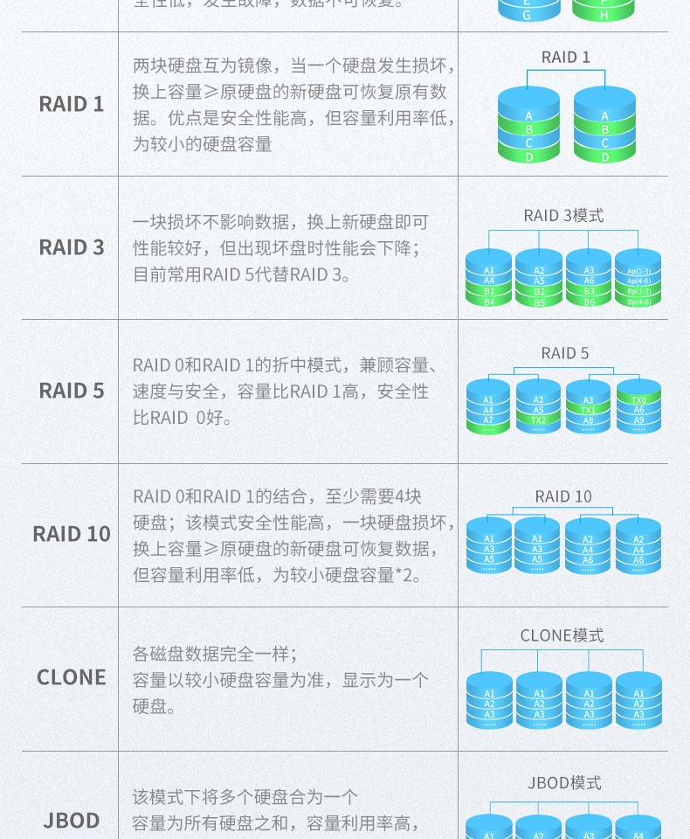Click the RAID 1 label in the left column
coord(71,104)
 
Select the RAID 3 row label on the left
coord(71,247)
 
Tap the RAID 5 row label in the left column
coord(71,391)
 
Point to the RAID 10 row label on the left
coord(71,534)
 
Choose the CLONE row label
coord(71,677)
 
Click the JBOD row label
coord(71,821)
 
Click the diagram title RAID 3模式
coord(563,215)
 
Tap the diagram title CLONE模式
coord(563,635)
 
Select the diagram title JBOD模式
coord(563,782)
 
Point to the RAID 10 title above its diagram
coord(563,496)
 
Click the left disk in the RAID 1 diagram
coord(528,126)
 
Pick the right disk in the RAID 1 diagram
coord(604,126)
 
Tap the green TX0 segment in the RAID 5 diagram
coord(638,399)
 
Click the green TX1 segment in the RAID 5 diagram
coord(588,410)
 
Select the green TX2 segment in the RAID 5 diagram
coord(538,420)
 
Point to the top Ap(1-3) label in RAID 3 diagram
coord(638,271)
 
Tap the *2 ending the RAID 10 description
coord(411,575)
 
